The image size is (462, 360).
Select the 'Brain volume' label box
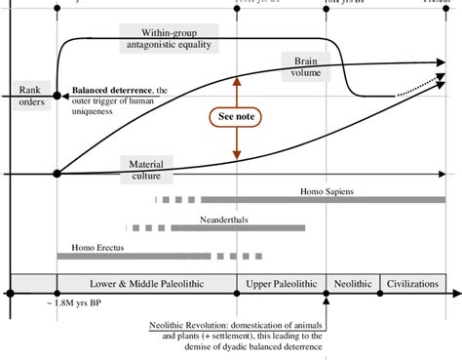click(306, 65)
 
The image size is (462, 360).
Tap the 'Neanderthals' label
click(225, 220)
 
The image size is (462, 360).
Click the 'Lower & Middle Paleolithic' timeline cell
click(146, 284)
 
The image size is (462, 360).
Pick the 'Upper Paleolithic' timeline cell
click(281, 284)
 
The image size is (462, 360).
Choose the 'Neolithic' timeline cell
click(351, 284)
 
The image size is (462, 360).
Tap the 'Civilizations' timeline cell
click(412, 284)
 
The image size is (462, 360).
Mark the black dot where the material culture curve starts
click(58, 174)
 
